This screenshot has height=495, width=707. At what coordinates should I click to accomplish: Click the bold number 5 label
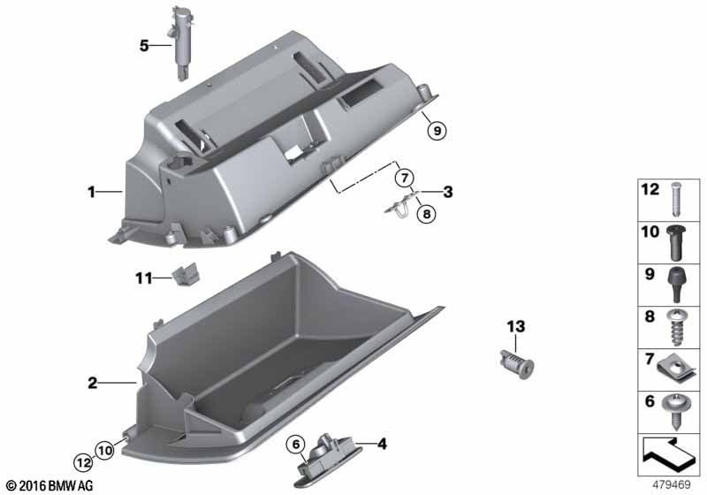click(x=144, y=46)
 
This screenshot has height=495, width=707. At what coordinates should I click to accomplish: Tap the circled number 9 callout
click(x=437, y=131)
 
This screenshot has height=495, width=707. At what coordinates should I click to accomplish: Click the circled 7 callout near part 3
click(x=405, y=178)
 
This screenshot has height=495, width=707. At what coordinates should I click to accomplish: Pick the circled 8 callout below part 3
click(x=427, y=214)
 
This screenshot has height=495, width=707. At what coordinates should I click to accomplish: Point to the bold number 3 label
click(x=447, y=192)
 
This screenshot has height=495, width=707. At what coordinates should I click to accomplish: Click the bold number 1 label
click(x=92, y=192)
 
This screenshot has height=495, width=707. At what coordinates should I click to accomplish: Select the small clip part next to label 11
click(x=186, y=274)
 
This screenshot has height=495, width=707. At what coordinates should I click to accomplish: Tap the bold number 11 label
click(x=144, y=278)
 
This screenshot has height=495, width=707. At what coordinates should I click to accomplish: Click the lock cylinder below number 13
click(x=517, y=364)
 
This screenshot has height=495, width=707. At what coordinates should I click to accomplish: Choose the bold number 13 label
click(x=516, y=326)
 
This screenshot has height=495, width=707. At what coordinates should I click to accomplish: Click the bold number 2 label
click(x=92, y=384)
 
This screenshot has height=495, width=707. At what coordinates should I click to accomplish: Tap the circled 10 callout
click(x=104, y=450)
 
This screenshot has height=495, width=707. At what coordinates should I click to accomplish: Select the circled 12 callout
click(x=83, y=462)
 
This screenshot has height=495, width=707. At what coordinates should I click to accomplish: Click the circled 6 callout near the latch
click(x=296, y=445)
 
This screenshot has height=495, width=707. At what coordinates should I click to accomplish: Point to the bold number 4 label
click(x=382, y=444)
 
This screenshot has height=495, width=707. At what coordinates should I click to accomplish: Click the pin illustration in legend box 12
click(x=675, y=199)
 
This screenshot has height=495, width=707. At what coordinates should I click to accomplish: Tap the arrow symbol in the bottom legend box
click(x=669, y=451)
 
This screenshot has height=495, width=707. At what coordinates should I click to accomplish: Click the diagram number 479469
click(x=672, y=485)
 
